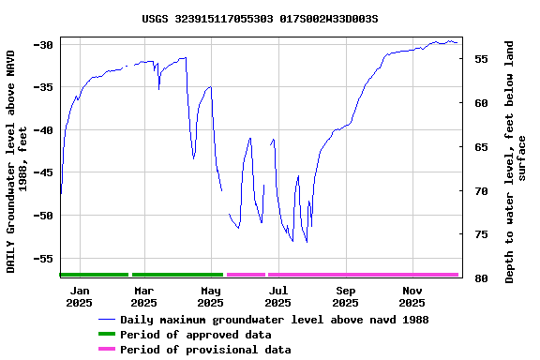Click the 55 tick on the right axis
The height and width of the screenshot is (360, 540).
[479, 59]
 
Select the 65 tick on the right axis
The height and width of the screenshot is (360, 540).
[479, 147]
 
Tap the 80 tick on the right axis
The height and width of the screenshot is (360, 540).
[479, 278]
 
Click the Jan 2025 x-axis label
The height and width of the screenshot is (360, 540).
[79, 296]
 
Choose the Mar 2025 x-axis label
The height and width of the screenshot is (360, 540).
[143, 296]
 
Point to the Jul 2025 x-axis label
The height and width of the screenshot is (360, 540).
[277, 296]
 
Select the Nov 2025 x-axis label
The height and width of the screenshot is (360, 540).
[412, 296]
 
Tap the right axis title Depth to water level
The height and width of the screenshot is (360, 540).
[516, 161]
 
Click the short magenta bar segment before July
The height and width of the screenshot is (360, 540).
[246, 275]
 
